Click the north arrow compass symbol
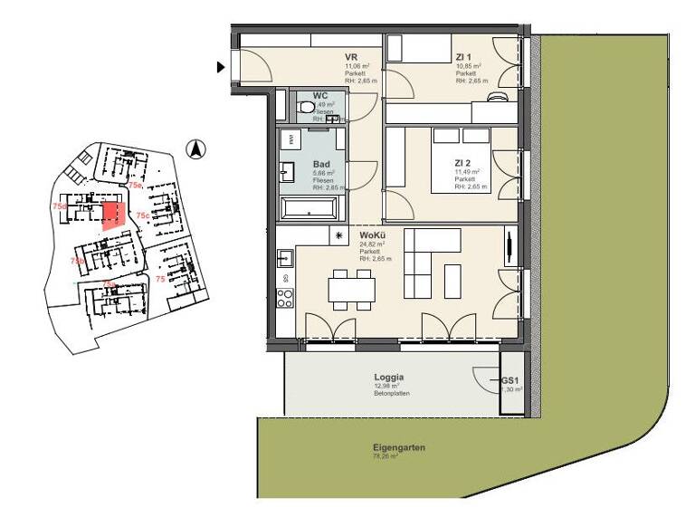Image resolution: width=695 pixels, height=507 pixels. point(192,150)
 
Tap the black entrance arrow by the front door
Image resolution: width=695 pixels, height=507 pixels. point(220,67)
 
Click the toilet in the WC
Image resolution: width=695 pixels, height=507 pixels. point(303,108)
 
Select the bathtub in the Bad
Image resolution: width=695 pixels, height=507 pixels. point(310,209)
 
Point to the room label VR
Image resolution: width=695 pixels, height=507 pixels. point(351,57)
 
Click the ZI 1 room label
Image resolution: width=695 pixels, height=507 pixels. point(463,57)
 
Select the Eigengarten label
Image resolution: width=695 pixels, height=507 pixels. point(398,448)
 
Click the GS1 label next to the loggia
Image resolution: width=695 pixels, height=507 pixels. point(511,381)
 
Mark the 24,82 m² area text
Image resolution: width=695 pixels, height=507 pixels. point(372,244)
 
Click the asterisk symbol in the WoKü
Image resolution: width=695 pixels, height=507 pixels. point(339,235)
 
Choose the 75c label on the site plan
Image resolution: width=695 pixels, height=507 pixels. point(142,215)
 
